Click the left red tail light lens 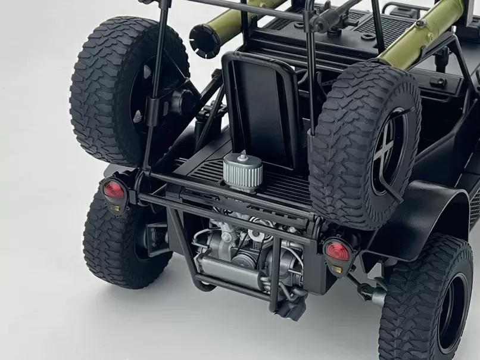tap(113, 190)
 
